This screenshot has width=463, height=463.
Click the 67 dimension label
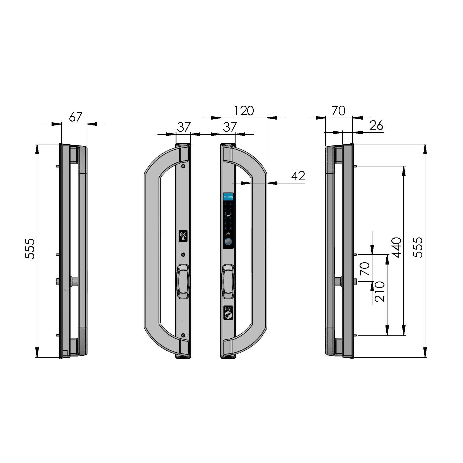[x=76, y=117]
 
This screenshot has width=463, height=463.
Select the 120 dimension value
[x=244, y=111]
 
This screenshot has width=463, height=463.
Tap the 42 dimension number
[x=298, y=176]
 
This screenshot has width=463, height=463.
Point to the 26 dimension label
[x=376, y=126]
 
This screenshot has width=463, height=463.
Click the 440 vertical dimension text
[x=397, y=248]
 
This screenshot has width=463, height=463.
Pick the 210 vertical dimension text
[x=380, y=292]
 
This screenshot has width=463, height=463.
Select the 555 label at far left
[x=30, y=249]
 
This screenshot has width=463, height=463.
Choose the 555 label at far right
[x=418, y=248]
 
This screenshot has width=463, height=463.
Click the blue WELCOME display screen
[x=228, y=197]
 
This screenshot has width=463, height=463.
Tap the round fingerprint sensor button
[x=228, y=242]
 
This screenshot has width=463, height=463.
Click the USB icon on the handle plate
[x=228, y=312]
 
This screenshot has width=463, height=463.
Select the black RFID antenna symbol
[x=183, y=236]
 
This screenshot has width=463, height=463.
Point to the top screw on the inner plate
[x=183, y=166]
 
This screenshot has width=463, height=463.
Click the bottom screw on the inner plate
[x=183, y=335]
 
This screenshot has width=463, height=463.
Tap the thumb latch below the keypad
[x=228, y=281]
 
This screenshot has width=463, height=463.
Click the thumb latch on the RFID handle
[x=183, y=281]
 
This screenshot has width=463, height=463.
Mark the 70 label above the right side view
[x=338, y=111]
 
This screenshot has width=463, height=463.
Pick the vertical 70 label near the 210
[x=365, y=268]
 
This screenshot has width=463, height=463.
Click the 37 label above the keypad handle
[x=230, y=127]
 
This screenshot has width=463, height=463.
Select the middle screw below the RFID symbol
[x=183, y=254]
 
